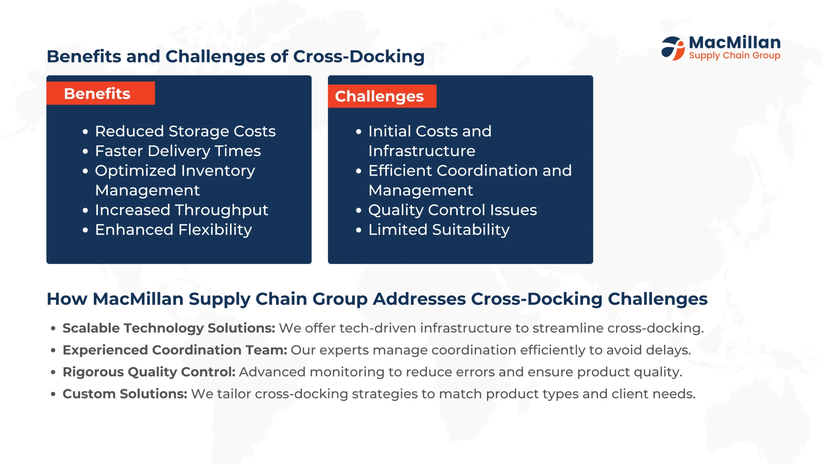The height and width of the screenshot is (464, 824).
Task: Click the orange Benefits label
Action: point(100,93)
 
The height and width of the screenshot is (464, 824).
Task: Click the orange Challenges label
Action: point(382,96)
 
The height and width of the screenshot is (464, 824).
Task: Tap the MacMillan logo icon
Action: point(673,48)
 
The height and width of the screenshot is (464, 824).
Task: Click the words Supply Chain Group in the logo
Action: point(735,56)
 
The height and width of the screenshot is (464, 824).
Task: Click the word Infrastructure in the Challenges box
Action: point(422,151)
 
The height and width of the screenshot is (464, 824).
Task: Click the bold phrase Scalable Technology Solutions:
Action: point(169,328)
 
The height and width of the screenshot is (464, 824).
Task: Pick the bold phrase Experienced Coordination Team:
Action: point(175,350)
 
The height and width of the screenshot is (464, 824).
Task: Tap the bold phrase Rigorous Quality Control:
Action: point(149,372)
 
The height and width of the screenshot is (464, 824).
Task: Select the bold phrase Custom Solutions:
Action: point(125,394)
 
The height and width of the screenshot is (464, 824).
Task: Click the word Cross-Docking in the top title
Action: point(359,57)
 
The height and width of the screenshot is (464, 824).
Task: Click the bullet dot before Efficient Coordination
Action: point(359,171)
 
